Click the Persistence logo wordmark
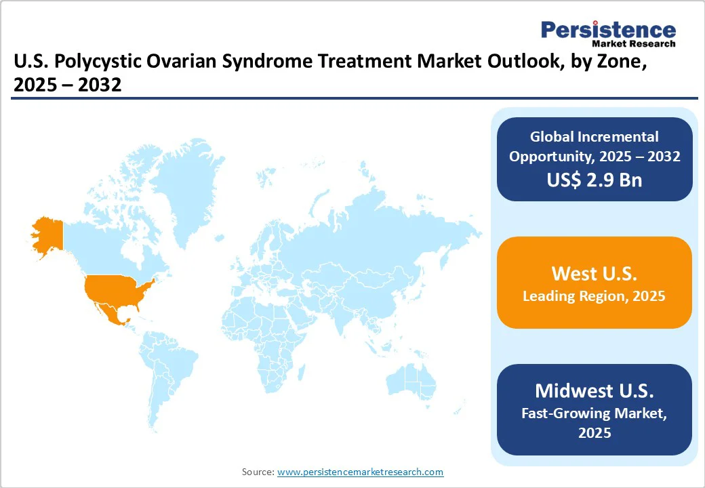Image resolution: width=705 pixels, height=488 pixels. [x=608, y=30]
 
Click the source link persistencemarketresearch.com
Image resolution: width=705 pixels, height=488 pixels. [x=360, y=472]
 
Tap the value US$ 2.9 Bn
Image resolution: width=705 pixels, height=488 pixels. [x=595, y=180]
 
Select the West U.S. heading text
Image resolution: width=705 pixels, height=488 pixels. [x=595, y=273]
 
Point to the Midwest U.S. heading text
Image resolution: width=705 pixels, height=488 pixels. [x=595, y=390]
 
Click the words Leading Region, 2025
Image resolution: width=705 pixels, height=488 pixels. [x=595, y=296]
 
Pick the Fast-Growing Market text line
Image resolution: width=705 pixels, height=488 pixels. [x=595, y=413]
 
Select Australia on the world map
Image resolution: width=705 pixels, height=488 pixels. [x=411, y=382]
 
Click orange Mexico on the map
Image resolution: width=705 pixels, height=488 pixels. [x=110, y=312]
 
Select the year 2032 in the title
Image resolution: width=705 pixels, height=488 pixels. [x=100, y=85]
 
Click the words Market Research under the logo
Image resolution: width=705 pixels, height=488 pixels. [x=634, y=44]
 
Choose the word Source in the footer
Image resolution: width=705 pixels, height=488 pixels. [x=258, y=472]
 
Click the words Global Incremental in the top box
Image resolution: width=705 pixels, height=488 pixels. [x=595, y=137]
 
